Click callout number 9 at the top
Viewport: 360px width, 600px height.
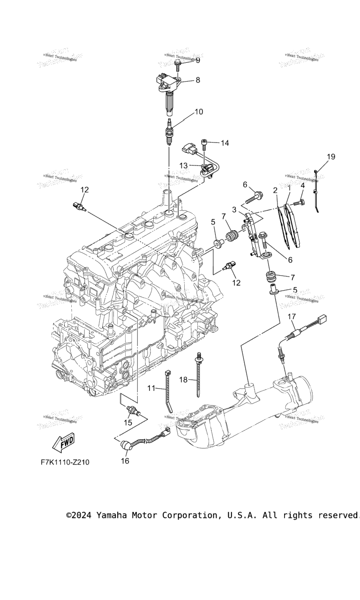coord(197,60)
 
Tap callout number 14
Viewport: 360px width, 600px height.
coord(225,142)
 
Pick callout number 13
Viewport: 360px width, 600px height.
coord(183,165)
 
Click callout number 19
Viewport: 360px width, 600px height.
coord(331,157)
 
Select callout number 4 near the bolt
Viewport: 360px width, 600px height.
coord(303,186)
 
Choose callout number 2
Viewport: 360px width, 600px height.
coord(275,190)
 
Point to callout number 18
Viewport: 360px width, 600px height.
coord(183,380)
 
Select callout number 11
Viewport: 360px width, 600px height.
coord(151,388)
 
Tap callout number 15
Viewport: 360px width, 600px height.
coord(128,423)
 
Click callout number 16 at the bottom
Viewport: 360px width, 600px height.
coord(125,461)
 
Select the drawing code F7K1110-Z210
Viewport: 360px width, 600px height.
coord(65,462)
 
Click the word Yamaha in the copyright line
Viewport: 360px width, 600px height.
coord(112,515)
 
